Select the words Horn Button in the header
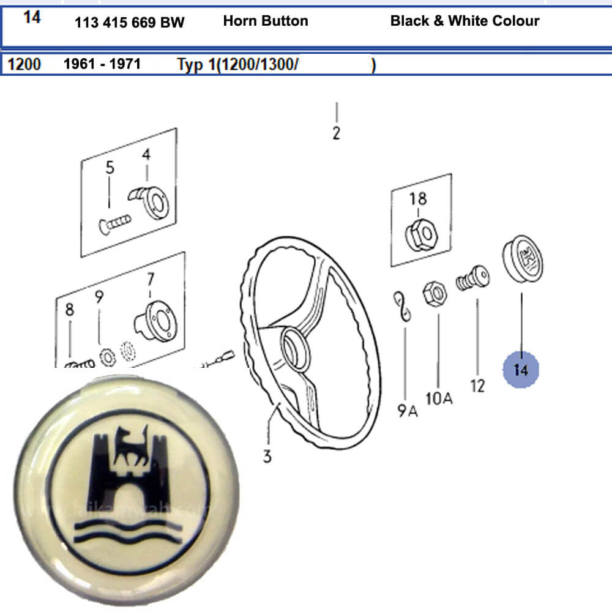click(266, 21)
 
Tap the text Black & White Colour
click(465, 21)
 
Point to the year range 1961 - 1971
click(102, 64)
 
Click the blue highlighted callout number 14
click(521, 369)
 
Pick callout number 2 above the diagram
click(336, 133)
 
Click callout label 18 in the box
click(419, 198)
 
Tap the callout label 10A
click(439, 399)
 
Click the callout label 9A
click(407, 410)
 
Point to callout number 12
click(477, 386)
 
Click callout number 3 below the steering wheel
click(267, 457)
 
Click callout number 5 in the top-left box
click(110, 167)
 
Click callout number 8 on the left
click(70, 310)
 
